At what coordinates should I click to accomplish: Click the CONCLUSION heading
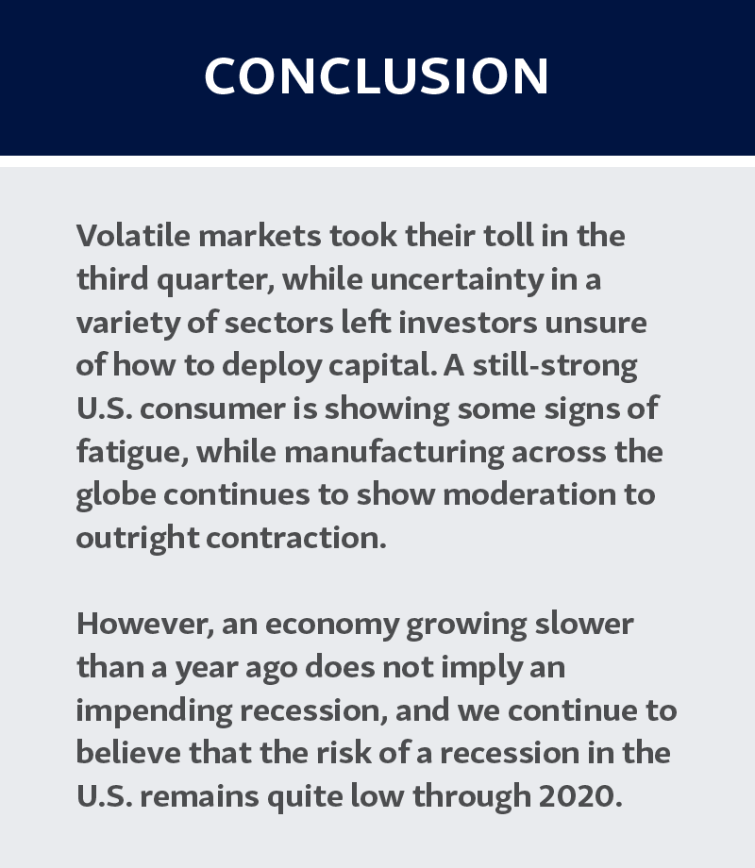[x=377, y=75]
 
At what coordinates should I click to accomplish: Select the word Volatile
[x=133, y=235]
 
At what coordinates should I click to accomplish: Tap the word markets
[x=260, y=235]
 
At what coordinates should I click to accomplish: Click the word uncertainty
[x=457, y=279]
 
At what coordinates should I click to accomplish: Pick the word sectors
[x=278, y=323]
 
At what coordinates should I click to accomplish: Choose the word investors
[x=467, y=322]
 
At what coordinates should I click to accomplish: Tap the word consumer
[x=211, y=409]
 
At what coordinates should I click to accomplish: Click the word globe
[x=116, y=495]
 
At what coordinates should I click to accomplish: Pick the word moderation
[x=529, y=494]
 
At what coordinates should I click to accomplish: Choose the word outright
[x=138, y=539]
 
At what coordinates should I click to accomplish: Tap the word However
[x=145, y=625]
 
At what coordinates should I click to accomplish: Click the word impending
[x=154, y=711]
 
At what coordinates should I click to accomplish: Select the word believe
[x=128, y=753]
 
